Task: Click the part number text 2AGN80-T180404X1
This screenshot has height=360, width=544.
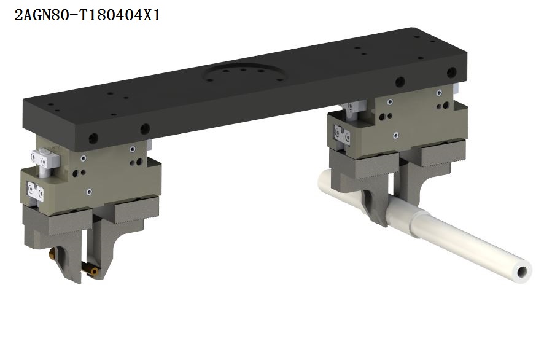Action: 87,15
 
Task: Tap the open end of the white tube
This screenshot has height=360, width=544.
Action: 522,272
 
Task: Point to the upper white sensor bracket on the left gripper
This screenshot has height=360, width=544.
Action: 45,160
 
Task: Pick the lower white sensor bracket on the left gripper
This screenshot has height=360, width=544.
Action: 36,191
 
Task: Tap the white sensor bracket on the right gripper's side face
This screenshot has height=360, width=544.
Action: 342,135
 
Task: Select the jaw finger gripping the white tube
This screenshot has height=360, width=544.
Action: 376,207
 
